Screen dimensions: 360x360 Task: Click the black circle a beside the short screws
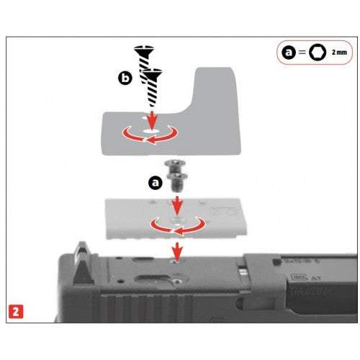[154, 183]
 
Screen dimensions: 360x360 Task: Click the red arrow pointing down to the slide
[174, 251]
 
